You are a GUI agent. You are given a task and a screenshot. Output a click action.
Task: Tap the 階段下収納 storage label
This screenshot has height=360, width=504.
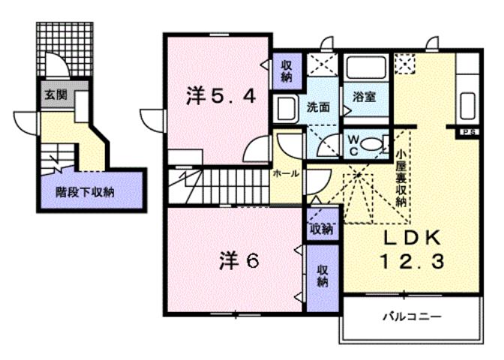coord(84,191)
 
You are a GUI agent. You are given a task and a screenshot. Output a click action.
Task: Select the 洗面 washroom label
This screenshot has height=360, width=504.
coord(318,106)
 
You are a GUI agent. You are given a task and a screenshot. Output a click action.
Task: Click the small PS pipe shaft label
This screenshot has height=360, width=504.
coord(470,133)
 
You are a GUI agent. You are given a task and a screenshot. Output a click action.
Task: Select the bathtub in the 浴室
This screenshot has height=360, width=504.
coord(365,70)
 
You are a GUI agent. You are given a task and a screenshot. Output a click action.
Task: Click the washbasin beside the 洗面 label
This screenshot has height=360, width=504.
coord(285,108)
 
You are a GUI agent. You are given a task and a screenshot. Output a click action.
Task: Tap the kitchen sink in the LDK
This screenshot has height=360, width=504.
coord(469,104)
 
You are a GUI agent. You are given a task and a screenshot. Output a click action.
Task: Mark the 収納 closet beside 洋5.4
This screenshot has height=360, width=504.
coord(286,70)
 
